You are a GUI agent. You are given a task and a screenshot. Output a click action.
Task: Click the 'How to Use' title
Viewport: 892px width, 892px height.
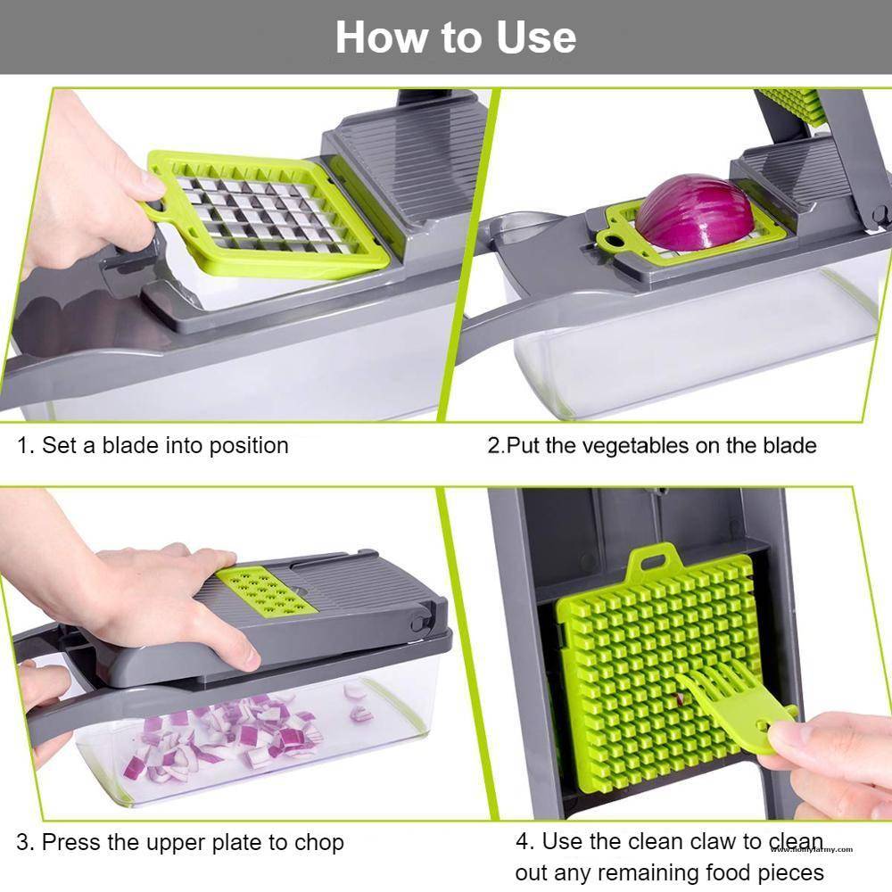455,37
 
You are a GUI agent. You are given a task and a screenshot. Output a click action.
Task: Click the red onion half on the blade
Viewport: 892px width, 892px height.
694,212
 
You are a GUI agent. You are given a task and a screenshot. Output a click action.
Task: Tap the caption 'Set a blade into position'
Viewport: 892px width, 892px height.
165,445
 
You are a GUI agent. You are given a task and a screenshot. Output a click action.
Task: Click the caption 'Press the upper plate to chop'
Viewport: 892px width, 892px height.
193,841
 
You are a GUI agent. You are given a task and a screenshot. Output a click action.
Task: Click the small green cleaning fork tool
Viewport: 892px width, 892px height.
740,706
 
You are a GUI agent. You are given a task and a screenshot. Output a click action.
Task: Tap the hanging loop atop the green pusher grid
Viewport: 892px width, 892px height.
648,563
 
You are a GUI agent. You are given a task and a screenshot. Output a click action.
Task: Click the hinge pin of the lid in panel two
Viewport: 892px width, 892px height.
879,214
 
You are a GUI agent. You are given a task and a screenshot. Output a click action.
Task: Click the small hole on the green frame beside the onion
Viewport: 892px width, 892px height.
612,238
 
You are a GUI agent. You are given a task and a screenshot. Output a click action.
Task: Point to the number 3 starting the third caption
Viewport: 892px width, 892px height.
23,841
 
